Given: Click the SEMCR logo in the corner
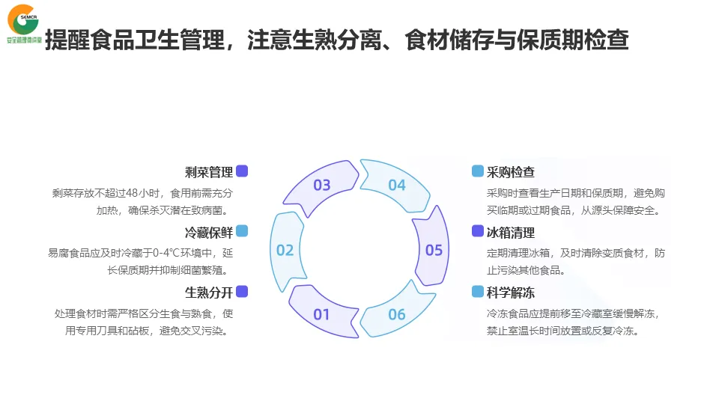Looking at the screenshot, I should [22, 22].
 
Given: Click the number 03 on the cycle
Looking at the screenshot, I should [322, 185].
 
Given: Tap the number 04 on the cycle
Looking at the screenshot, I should [396, 185].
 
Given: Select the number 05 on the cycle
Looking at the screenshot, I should [434, 250].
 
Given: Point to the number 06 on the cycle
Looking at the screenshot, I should [396, 314].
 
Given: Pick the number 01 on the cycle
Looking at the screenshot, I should [321, 314].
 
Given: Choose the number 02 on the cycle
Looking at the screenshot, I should [285, 250].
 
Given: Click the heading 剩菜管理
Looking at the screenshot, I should [209, 172].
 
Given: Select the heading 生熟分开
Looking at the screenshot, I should [209, 292].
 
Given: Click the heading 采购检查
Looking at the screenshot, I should [511, 172].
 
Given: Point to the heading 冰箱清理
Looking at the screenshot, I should [511, 232].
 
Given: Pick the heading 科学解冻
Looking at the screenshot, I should [511, 292].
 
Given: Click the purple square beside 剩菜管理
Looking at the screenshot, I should [242, 171].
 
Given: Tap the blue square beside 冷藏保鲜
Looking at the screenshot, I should [242, 231].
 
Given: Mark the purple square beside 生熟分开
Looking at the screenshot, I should [242, 291].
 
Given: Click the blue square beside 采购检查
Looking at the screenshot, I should [477, 171].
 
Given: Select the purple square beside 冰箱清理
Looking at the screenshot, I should [477, 231].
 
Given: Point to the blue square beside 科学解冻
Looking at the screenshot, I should [477, 291].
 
